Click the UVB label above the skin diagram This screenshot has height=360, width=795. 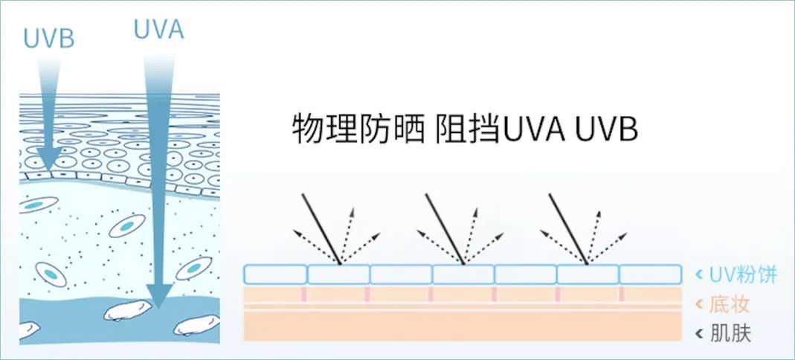coord(49,38)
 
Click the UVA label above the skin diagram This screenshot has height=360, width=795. coord(158,29)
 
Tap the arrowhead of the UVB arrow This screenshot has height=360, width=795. coord(50,160)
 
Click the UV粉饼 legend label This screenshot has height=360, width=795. coord(743,274)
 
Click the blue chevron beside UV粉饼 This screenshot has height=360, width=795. coord(698,275)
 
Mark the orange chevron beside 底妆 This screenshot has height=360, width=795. coord(698,304)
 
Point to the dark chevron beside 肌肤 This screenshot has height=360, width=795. coord(698,334)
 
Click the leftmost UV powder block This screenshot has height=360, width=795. coord(275,274)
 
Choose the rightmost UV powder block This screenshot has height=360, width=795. coord(651,274)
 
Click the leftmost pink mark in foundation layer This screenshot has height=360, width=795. coord(303,295)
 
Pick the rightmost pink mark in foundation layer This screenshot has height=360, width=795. coord(621,295)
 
